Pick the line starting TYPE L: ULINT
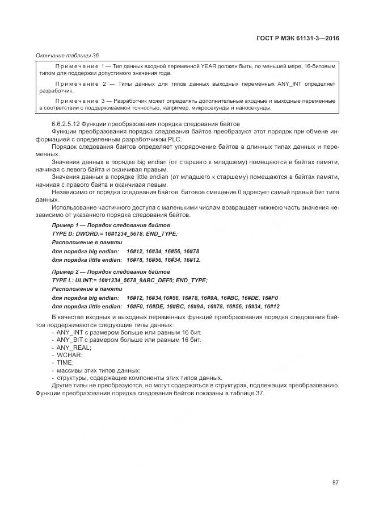coord(129,281)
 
